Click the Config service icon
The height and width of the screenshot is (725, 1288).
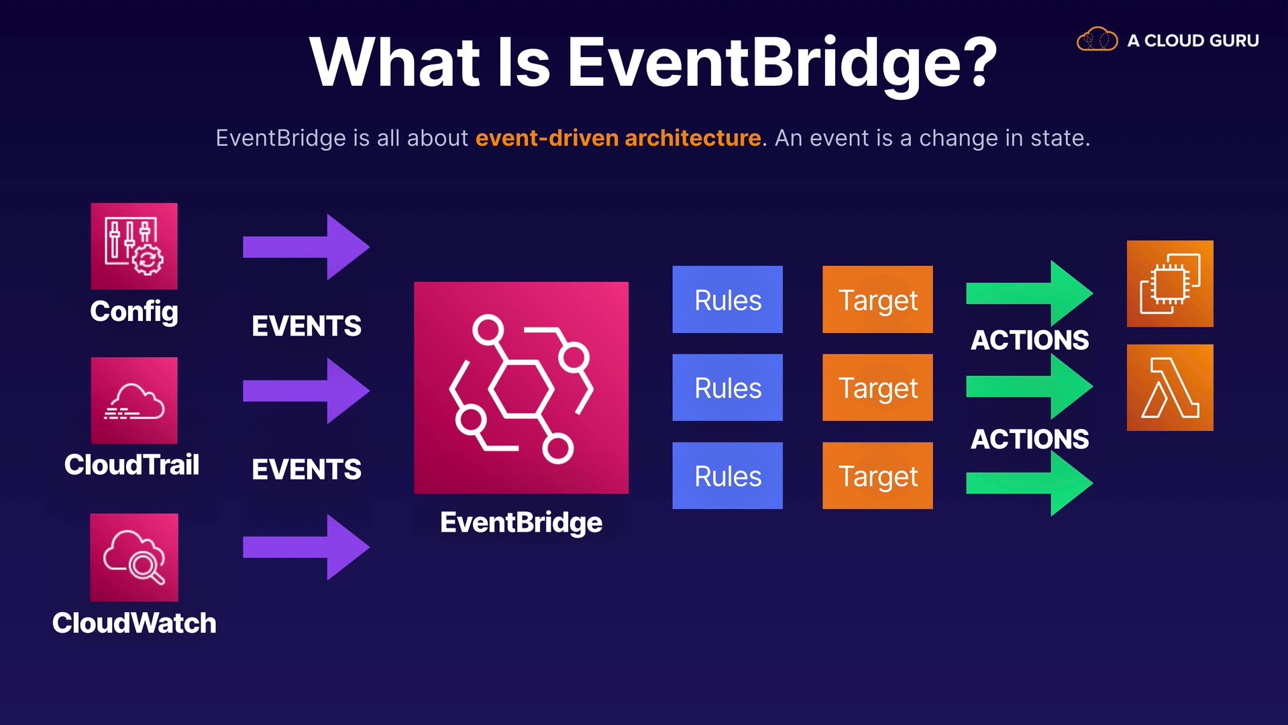pyautogui.click(x=134, y=246)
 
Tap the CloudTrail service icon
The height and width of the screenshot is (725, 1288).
pyautogui.click(x=134, y=400)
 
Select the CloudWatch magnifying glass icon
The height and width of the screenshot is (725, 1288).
pyautogui.click(x=134, y=557)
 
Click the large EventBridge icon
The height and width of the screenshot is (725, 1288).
pyautogui.click(x=521, y=388)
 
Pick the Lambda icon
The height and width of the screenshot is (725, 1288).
pyautogui.click(x=1170, y=387)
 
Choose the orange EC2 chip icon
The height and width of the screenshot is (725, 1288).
pyautogui.click(x=1170, y=284)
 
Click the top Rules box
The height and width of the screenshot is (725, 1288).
pyautogui.click(x=728, y=299)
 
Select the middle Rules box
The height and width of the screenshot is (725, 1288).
pyautogui.click(x=728, y=387)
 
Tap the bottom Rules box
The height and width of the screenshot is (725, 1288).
pyautogui.click(x=728, y=475)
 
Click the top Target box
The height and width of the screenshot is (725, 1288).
pyautogui.click(x=877, y=299)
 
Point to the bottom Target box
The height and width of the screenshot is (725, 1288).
pyautogui.click(x=877, y=475)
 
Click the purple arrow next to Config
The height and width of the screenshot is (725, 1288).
pyautogui.click(x=307, y=247)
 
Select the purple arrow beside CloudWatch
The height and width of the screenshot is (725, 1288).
pyautogui.click(x=307, y=547)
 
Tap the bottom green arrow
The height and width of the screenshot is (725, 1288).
pyautogui.click(x=1030, y=483)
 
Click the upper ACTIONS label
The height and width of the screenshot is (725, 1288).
pyautogui.click(x=1030, y=340)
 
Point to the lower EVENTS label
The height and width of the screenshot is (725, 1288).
pyautogui.click(x=307, y=469)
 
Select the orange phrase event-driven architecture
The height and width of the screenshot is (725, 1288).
pyautogui.click(x=619, y=138)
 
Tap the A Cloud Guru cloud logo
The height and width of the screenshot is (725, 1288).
pyautogui.click(x=1097, y=39)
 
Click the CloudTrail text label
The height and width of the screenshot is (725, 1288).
pyautogui.click(x=132, y=465)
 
